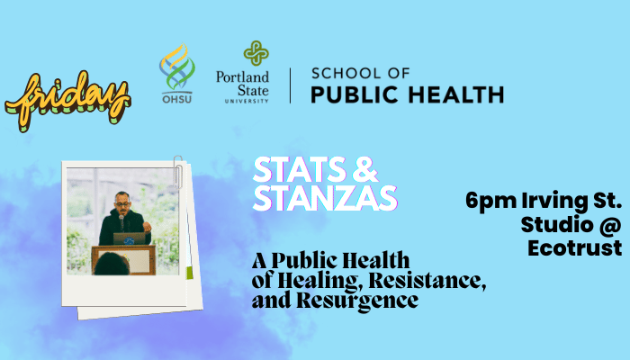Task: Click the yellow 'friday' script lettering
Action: coord(67,101)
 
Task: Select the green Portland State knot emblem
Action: coord(256,52)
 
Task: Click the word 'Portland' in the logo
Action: coord(242,76)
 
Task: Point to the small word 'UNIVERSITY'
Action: coord(247,101)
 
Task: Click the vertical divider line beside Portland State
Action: coord(290,85)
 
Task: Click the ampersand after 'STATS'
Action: coord(365,169)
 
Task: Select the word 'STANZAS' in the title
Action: coord(325,198)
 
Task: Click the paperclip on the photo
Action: coord(178,172)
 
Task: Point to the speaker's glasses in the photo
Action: coord(122,204)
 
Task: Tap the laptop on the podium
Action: coord(129,238)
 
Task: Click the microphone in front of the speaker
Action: coord(121,221)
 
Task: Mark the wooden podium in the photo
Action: coord(123,259)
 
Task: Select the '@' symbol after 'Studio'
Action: coord(611,225)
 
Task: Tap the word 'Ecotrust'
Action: coord(574,247)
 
